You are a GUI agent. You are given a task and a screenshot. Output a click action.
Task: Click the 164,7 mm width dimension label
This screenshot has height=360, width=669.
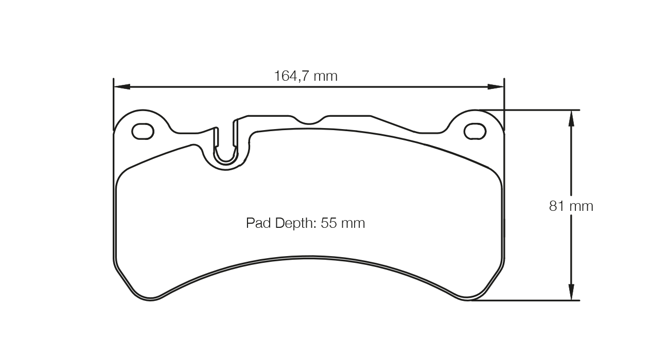[x=306, y=76]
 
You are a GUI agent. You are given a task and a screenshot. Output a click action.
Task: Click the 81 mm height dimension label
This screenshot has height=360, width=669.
[x=571, y=206]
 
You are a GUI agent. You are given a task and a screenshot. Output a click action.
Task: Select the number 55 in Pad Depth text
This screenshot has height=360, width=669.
[x=328, y=223]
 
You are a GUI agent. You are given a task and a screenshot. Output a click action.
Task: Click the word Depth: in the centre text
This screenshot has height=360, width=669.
[x=295, y=223]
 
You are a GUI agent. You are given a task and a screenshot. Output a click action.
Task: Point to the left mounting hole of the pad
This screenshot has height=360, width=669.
[x=143, y=132]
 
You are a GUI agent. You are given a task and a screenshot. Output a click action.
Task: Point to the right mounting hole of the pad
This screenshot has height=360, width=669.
[x=474, y=132]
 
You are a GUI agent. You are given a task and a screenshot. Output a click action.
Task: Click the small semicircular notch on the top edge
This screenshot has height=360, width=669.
[x=308, y=121]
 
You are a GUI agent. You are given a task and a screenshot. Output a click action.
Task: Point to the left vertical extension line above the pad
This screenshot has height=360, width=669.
[x=113, y=103]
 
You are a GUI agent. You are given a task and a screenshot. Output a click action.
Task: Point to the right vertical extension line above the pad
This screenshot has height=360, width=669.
[x=504, y=103]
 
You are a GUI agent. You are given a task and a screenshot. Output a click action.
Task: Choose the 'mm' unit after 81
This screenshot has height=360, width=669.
[x=582, y=206]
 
